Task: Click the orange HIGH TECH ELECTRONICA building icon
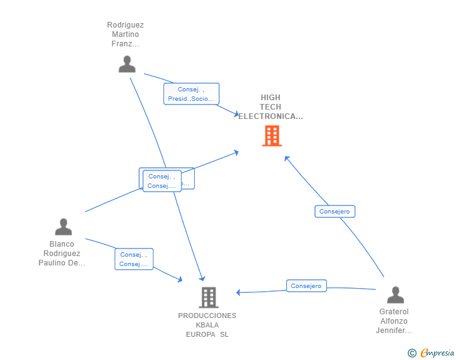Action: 271,135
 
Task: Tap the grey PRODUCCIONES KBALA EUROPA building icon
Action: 209,297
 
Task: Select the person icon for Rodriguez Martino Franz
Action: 127,64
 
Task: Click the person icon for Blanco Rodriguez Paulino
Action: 63,227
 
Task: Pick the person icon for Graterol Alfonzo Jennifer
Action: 395,294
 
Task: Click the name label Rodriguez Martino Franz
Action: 125,34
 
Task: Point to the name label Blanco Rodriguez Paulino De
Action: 62,254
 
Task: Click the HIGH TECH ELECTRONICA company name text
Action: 271,107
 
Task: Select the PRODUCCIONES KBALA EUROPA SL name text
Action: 207,325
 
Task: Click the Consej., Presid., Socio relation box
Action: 191,94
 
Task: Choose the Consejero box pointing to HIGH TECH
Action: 334,212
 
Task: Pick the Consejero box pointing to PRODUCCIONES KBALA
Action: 306,286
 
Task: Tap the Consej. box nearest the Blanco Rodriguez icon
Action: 133,259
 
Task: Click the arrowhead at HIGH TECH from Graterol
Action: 286,157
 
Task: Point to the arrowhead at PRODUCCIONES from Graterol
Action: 238,292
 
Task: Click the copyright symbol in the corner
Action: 412,353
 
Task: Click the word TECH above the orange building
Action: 271,107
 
